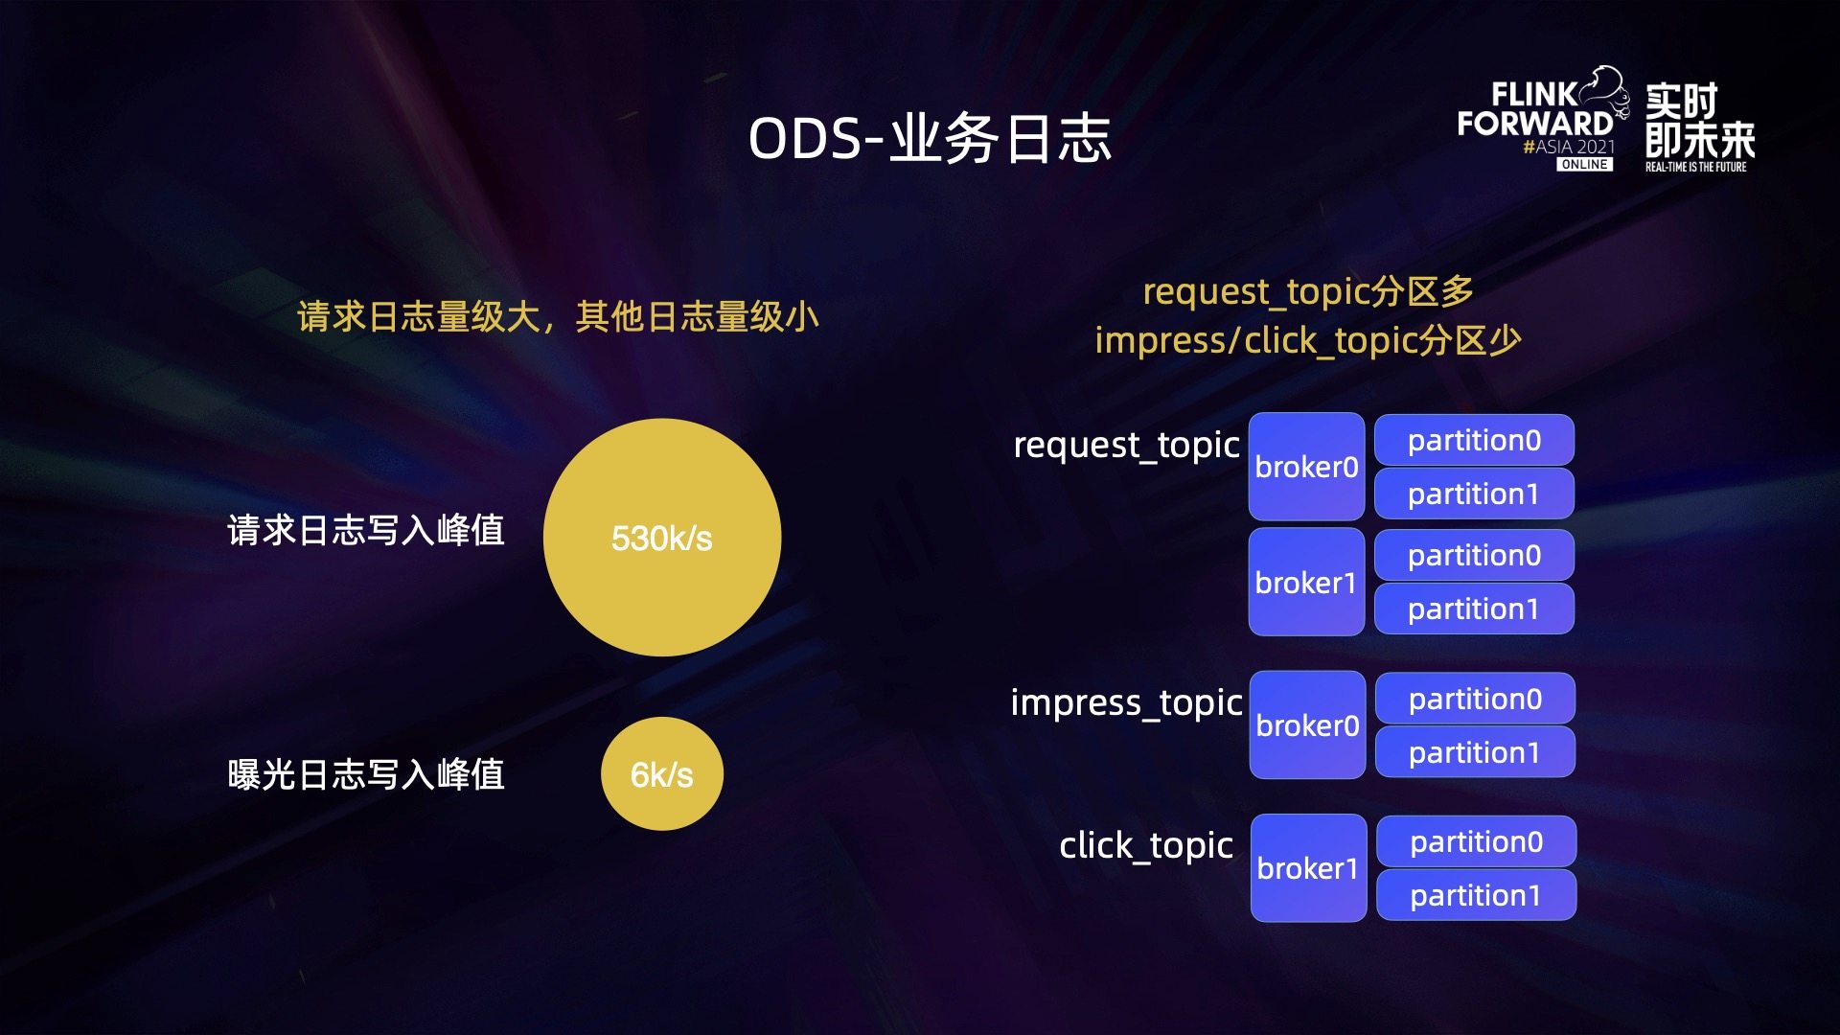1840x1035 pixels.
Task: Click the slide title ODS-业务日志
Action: (x=930, y=139)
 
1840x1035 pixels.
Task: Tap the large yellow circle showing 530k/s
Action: (x=662, y=538)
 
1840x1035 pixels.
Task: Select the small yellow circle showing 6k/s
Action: (x=662, y=773)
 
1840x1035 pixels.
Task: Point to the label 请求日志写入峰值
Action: (x=366, y=530)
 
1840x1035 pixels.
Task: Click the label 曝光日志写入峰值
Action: (x=366, y=774)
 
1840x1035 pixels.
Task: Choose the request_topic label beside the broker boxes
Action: (x=1126, y=446)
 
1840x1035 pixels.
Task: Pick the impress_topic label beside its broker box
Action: (x=1126, y=703)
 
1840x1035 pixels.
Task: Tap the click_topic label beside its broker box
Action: (x=1146, y=846)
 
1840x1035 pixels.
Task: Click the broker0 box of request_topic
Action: (x=1306, y=467)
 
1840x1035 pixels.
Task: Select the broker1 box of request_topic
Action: (x=1306, y=582)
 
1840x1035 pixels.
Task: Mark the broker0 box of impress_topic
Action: (x=1307, y=724)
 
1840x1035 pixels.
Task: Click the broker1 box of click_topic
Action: (x=1308, y=868)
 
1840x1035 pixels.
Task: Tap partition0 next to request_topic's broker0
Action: (x=1474, y=440)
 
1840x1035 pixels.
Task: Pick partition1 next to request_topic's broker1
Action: (x=1474, y=609)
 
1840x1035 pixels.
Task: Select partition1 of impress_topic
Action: (x=1475, y=752)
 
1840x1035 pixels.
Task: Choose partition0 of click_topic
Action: (x=1476, y=841)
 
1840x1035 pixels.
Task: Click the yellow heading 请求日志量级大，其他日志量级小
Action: (x=558, y=316)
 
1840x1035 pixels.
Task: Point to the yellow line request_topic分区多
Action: (x=1308, y=291)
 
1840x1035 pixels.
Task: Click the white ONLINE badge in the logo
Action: (x=1584, y=165)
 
